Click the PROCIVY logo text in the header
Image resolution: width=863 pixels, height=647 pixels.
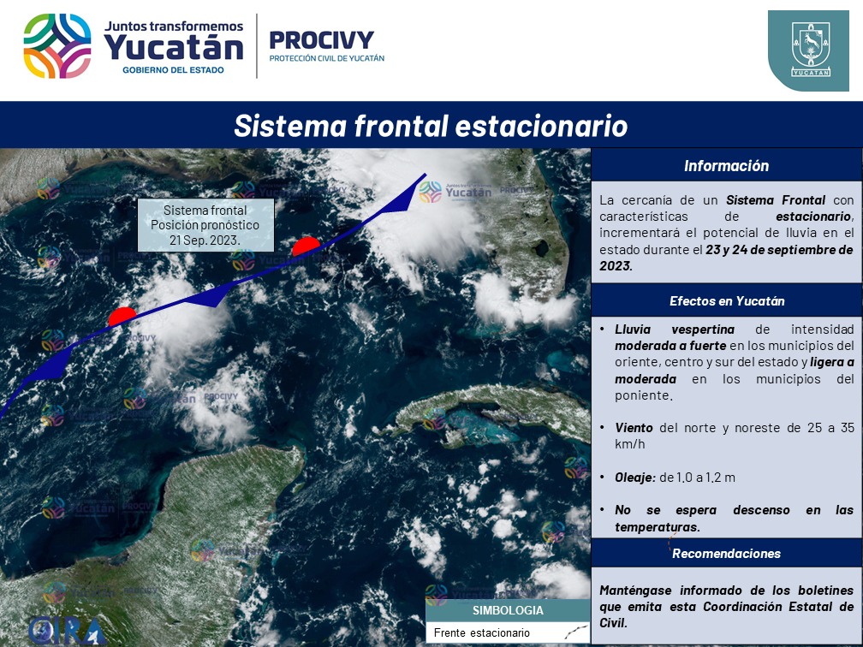(x=321, y=40)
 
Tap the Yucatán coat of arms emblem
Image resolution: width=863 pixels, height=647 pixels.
(x=811, y=50)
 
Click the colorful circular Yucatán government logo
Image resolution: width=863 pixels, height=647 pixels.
(x=57, y=46)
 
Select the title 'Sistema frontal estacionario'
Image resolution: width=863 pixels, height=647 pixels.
(x=431, y=126)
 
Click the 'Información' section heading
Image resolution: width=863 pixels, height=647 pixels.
(x=727, y=166)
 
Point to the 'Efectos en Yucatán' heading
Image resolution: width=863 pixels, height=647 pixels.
(x=727, y=301)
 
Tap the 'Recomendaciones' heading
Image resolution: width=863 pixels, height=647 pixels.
(x=727, y=554)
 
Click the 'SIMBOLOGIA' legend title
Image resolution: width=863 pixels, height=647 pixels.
(x=508, y=610)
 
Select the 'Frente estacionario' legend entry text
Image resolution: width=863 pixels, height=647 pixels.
(x=481, y=632)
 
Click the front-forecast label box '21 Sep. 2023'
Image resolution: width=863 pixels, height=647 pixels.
(x=205, y=225)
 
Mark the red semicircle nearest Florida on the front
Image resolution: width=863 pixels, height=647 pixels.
(x=306, y=246)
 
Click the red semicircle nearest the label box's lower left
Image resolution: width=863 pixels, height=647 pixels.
(x=122, y=316)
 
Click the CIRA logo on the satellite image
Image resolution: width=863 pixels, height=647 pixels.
(x=68, y=631)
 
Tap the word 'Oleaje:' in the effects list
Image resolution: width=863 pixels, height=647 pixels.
(x=635, y=478)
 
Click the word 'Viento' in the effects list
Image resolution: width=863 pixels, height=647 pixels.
(x=634, y=428)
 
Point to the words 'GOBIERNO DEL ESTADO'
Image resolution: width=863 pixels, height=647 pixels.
(x=173, y=70)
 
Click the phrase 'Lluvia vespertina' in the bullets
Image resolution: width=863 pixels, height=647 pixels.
(x=675, y=329)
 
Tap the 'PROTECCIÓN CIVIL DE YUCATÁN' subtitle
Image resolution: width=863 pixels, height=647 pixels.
(x=327, y=58)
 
